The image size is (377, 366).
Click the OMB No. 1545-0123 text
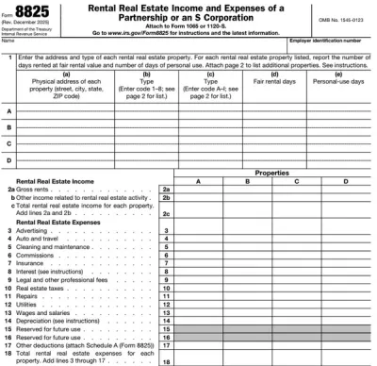[344, 15]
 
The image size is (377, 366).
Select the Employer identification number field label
[333, 40]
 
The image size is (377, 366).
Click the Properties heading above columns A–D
[271, 173]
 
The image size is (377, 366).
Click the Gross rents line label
[35, 190]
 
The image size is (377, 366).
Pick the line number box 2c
[165, 214]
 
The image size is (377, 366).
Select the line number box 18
[165, 358]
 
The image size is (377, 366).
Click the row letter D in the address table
[8, 160]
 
